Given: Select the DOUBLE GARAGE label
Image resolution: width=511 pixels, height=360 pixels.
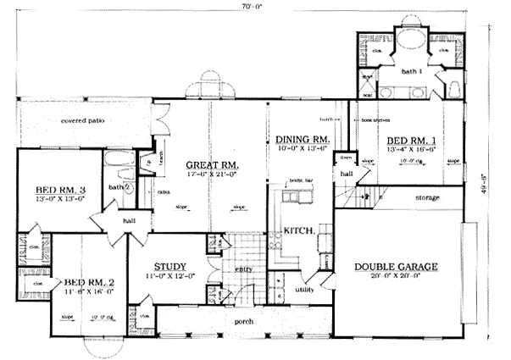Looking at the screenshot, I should (396, 268).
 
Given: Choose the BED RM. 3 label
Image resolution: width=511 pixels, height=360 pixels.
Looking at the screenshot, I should (60, 190).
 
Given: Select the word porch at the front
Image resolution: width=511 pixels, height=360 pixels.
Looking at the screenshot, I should (247, 322).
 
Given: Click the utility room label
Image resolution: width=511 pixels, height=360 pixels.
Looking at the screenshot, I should (304, 290).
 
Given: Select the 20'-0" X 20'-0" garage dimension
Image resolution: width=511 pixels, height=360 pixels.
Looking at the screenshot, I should (396, 277).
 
